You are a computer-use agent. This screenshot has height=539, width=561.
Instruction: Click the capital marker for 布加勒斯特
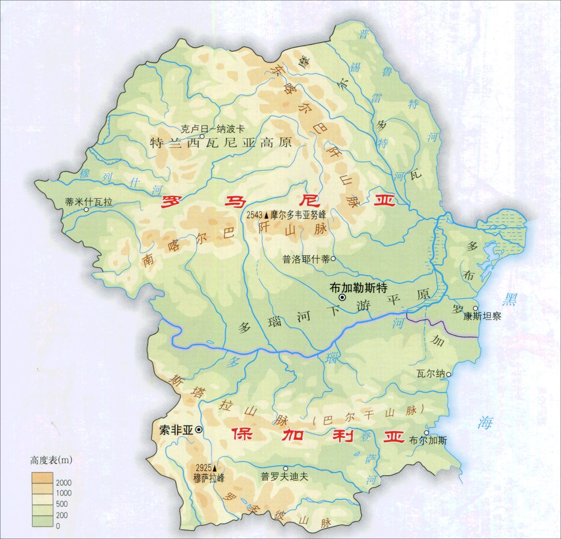tap(342, 297)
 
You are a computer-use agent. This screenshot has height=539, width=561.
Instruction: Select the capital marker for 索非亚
tap(198, 430)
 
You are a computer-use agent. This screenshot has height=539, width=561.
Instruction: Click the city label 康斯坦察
tap(482, 316)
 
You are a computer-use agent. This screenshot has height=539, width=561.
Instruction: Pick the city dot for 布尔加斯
tap(426, 433)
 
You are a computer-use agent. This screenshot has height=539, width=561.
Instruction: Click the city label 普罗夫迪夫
tap(285, 477)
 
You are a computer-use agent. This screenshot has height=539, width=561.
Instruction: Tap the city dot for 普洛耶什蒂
tap(333, 259)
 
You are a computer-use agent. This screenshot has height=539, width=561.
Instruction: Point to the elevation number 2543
tap(255, 214)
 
